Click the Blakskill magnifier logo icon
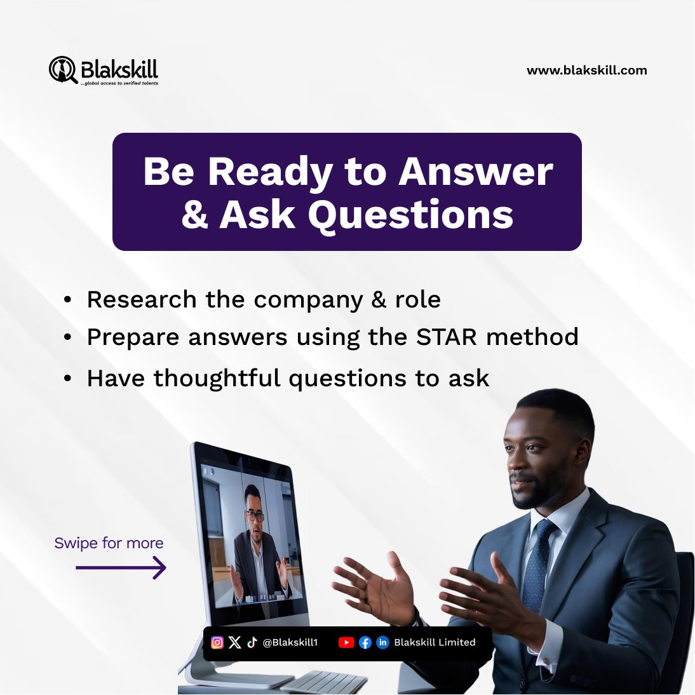[62, 69]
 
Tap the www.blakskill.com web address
[586, 71]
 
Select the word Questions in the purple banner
[410, 215]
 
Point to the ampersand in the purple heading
[194, 215]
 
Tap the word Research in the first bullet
[141, 299]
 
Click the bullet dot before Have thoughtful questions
[68, 379]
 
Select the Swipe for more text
[109, 543]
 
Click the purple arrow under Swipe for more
[121, 567]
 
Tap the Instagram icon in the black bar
[217, 642]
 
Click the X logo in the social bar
[235, 642]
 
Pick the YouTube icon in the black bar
[346, 642]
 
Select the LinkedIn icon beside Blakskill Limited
[382, 642]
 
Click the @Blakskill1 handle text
[290, 642]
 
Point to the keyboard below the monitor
[324, 682]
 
